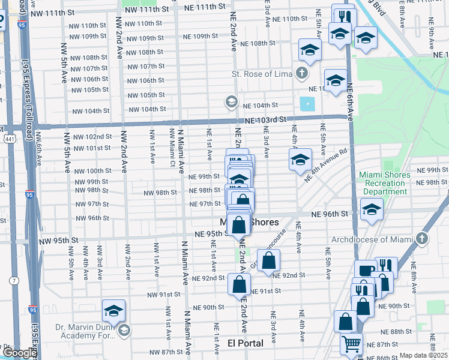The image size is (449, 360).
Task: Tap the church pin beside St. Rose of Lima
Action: (x=301, y=74)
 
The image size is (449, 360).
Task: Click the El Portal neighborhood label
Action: (x=246, y=343)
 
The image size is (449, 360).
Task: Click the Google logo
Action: (x=19, y=353)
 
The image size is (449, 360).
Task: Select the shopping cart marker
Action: (x=352, y=344)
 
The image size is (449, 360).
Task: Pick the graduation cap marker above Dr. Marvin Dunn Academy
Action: (x=113, y=311)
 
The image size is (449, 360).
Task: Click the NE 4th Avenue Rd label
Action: (x=326, y=166)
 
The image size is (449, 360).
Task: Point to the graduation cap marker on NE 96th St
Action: (x=372, y=210)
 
